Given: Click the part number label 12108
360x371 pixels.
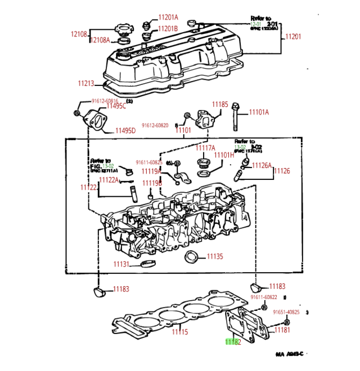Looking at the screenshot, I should click(78, 34).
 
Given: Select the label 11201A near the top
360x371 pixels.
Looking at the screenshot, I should click(168, 17).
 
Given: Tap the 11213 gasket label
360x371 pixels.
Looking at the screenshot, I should click(85, 84).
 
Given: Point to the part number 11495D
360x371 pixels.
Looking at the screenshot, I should click(125, 130).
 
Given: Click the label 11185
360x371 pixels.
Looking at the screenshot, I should click(220, 105).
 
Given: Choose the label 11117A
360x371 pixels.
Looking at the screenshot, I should click(205, 148).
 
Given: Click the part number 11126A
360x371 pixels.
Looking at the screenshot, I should click(262, 165).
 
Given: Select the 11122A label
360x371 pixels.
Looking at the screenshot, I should click(109, 180).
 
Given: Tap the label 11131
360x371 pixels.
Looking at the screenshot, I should click(121, 264).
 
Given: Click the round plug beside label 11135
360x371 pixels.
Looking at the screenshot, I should click(192, 257).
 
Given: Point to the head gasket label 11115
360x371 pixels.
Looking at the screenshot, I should click(179, 332).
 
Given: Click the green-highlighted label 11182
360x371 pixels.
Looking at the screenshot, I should click(233, 341).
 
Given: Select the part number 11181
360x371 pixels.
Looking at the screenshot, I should click(282, 330).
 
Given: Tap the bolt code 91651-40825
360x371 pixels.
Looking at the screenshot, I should click(290, 312).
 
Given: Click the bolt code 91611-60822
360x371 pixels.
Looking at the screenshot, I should click(264, 297).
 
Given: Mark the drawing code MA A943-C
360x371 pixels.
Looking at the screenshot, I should click(289, 354).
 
